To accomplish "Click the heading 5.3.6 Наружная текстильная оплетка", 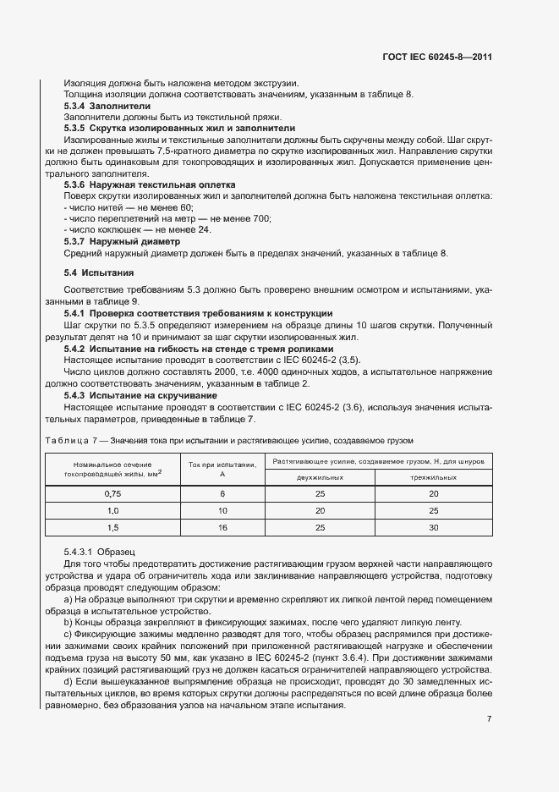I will pos(150,184).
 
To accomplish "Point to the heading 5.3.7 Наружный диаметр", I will pos(123,241).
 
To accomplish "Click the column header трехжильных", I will pos(433,477).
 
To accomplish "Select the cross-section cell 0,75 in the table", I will pos(112,492).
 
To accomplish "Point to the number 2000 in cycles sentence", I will pos(195,371).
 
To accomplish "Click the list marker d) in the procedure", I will pos(68,657).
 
